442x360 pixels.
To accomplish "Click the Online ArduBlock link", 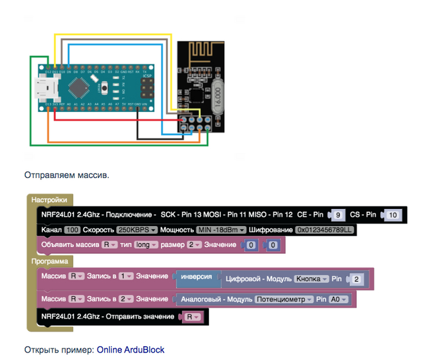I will click(x=130, y=349).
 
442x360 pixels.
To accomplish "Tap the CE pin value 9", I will click(x=338, y=215).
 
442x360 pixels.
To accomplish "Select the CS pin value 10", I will click(x=392, y=215).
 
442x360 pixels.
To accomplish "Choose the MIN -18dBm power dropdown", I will click(x=220, y=230).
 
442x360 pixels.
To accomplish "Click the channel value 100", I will click(x=72, y=230).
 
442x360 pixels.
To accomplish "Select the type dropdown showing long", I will click(x=145, y=244).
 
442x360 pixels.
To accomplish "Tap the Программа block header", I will click(x=52, y=260).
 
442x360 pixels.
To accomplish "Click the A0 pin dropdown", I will click(x=338, y=299).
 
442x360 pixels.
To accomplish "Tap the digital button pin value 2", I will click(x=356, y=279).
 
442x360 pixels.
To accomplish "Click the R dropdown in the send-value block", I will click(x=193, y=316).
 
